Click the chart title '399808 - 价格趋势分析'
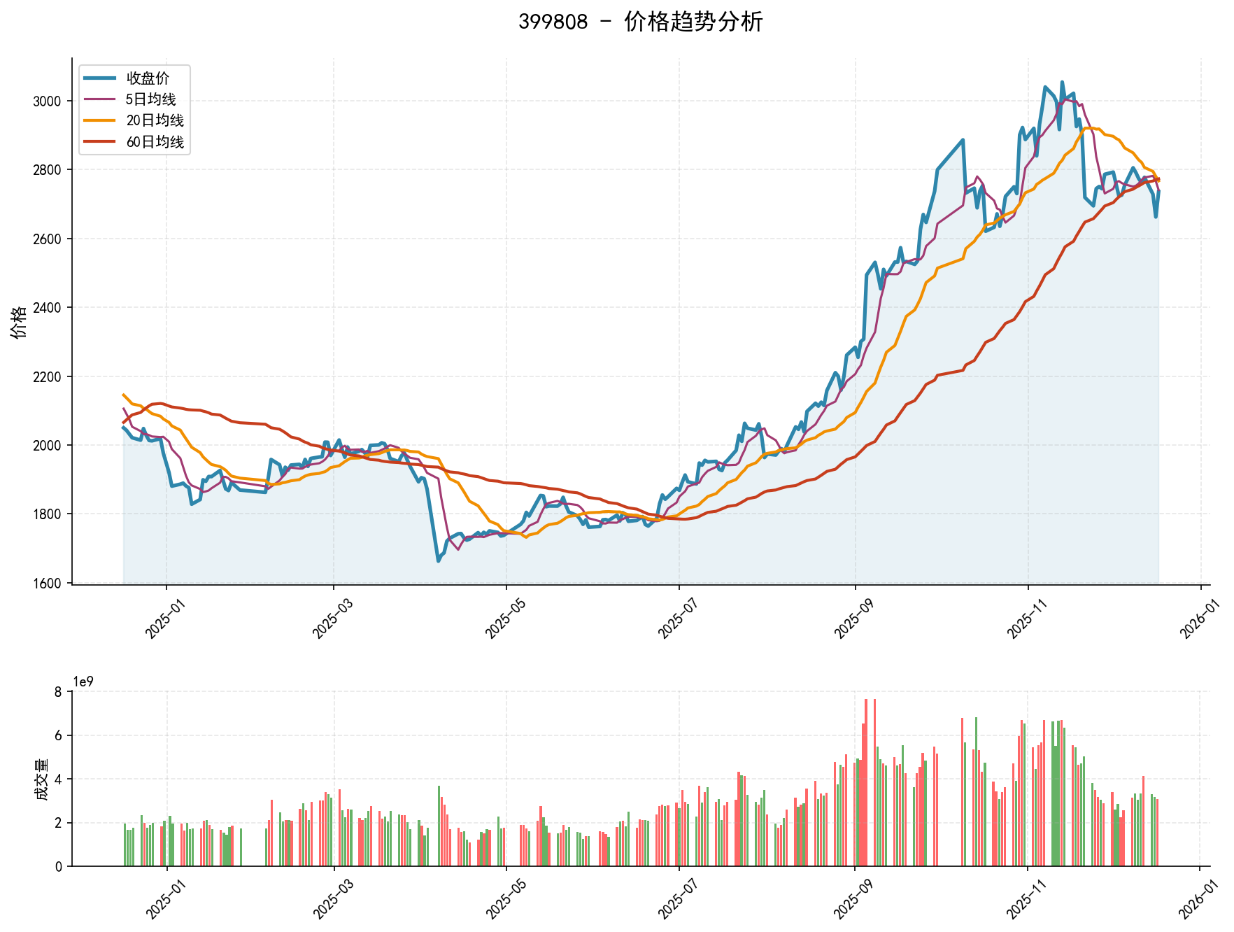(640, 22)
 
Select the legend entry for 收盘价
(148, 78)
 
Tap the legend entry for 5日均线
(150, 99)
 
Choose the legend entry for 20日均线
(155, 121)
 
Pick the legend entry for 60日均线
(155, 142)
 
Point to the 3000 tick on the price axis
(47, 101)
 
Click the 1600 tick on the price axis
(47, 583)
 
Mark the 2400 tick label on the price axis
(47, 308)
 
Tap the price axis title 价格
(19, 322)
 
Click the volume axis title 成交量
(41, 779)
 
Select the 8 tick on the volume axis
(58, 692)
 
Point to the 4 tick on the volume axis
(58, 779)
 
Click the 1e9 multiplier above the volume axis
(84, 682)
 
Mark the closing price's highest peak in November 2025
(1062, 83)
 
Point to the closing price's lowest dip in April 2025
(439, 560)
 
